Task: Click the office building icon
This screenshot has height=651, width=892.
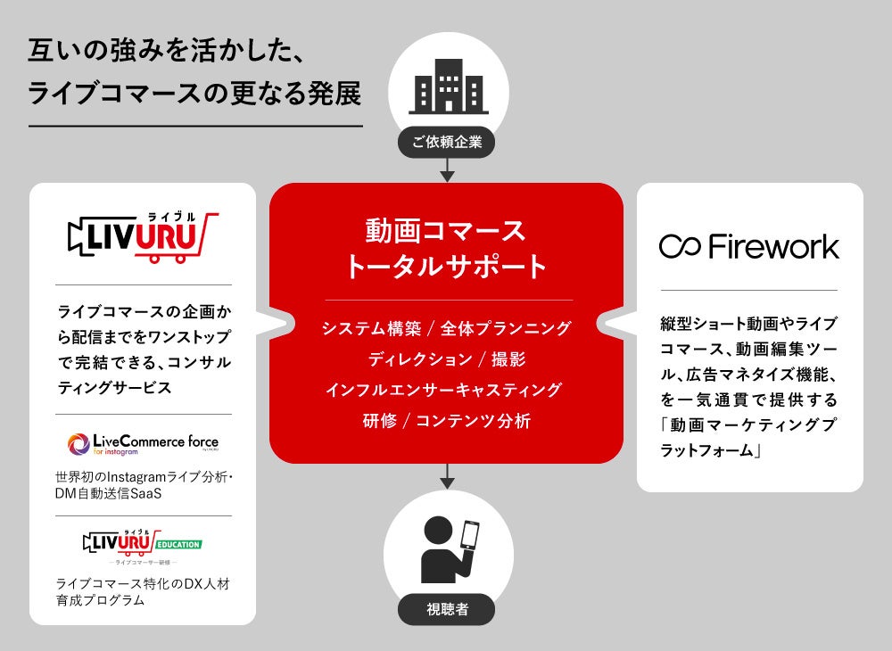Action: pyautogui.click(x=447, y=87)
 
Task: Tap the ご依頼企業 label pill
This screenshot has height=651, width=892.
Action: pyautogui.click(x=447, y=142)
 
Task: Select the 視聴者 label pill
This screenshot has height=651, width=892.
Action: pyautogui.click(x=447, y=611)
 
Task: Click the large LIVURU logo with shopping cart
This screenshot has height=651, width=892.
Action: pyautogui.click(x=143, y=237)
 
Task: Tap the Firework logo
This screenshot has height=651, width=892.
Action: pyautogui.click(x=749, y=246)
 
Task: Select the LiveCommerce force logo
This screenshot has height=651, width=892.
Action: pyautogui.click(x=143, y=443)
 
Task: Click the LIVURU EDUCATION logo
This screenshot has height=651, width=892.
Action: pyautogui.click(x=143, y=544)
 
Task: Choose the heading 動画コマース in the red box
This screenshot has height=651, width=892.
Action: pyautogui.click(x=446, y=230)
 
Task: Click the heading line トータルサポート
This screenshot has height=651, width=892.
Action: pyautogui.click(x=446, y=266)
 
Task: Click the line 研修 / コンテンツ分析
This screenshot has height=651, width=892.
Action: pyautogui.click(x=446, y=421)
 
